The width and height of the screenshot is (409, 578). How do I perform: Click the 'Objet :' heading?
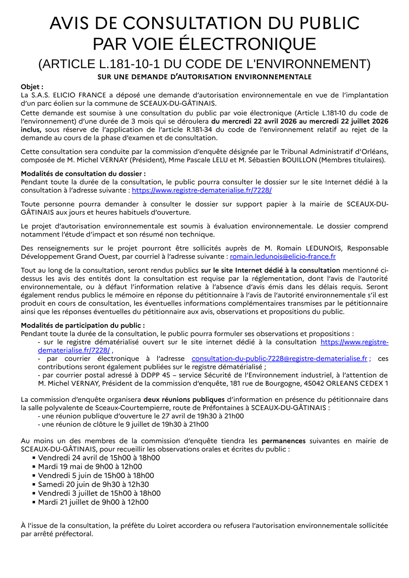(x=32, y=87)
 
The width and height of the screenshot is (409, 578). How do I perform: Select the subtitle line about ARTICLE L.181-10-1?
(x=204, y=64)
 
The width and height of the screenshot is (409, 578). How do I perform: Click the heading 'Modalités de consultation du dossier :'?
(x=83, y=173)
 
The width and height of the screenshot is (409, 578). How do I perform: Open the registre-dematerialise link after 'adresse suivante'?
(x=202, y=190)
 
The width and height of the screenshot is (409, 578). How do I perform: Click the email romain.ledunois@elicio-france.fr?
(x=283, y=257)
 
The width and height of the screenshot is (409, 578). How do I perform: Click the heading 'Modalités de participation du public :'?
(x=83, y=325)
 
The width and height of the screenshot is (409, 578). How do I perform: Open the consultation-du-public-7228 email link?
(x=279, y=359)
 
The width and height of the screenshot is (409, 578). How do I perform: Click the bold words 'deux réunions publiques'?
(x=184, y=400)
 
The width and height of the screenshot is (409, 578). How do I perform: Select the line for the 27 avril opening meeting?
(x=141, y=416)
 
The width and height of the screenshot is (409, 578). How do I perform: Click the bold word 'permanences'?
(x=283, y=441)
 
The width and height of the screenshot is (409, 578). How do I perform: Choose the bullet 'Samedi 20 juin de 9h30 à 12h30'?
(x=94, y=484)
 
